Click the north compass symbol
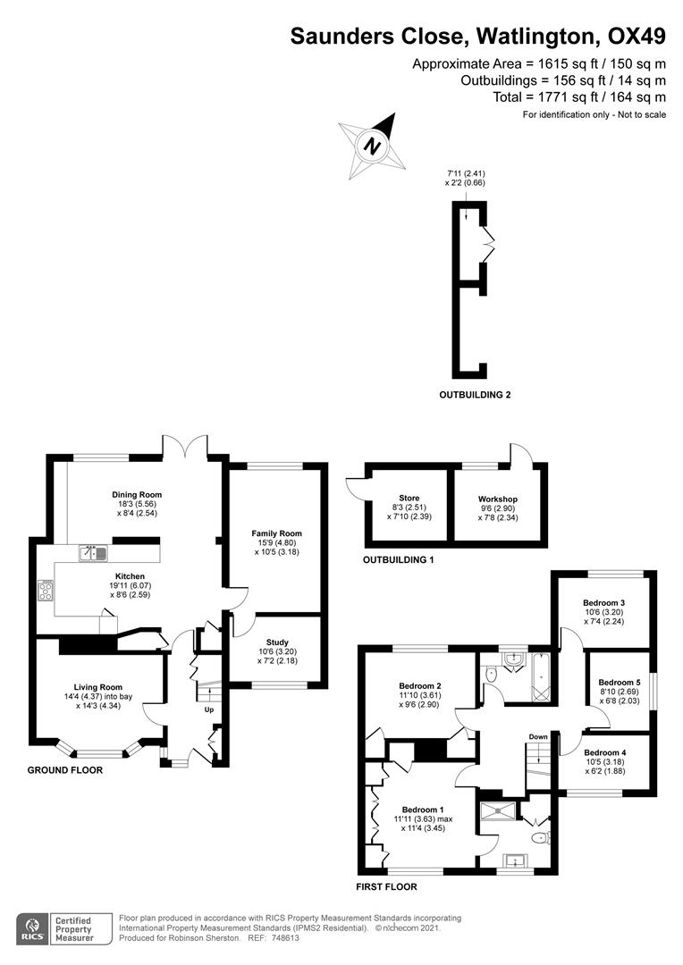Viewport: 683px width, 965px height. (369, 143)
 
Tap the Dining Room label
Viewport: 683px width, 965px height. (137, 494)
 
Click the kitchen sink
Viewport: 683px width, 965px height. (93, 553)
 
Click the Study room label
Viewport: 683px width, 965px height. (277, 642)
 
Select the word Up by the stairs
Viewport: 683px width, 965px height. (209, 710)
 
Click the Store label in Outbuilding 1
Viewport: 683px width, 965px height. (409, 498)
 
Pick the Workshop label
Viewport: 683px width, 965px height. (498, 499)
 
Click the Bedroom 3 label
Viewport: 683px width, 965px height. (604, 602)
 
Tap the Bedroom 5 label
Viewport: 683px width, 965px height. (618, 682)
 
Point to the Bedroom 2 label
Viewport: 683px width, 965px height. (420, 686)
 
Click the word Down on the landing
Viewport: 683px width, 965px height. (537, 737)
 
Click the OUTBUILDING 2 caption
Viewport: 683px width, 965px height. (474, 394)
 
